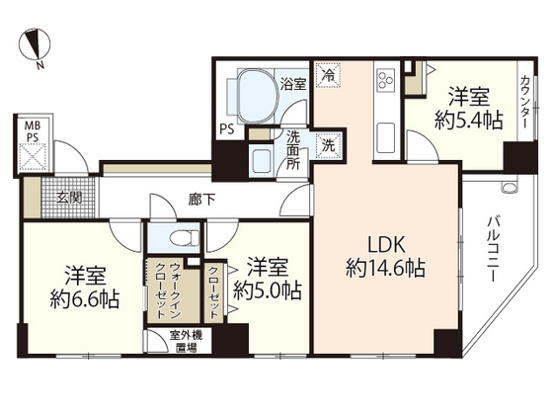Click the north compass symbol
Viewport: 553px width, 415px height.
tap(36, 47)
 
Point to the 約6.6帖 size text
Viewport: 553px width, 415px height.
tap(86, 299)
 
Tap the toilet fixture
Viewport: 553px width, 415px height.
tap(179, 238)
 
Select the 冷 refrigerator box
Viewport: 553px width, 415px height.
tap(328, 73)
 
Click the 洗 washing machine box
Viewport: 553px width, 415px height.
tap(328, 144)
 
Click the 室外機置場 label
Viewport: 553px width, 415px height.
tap(183, 341)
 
